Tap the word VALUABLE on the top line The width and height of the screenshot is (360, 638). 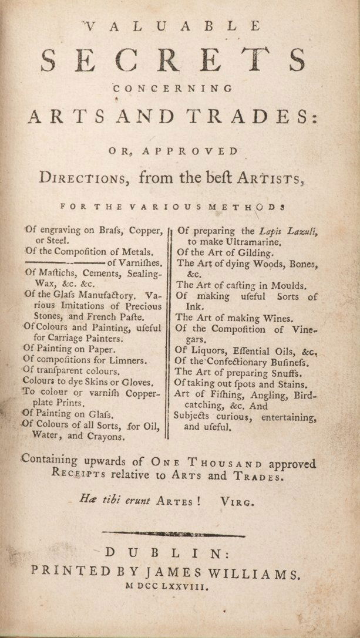pyautogui.click(x=173, y=26)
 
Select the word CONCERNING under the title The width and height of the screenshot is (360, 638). pyautogui.click(x=173, y=89)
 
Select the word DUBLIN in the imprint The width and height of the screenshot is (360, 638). pyautogui.click(x=180, y=553)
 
